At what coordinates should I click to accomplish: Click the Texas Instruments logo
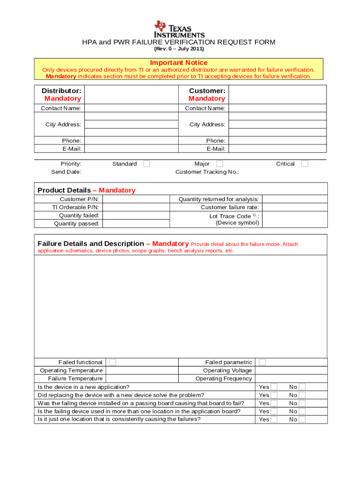[179, 29]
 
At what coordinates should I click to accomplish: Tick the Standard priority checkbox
[146, 164]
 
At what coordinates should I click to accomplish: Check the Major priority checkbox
[219, 164]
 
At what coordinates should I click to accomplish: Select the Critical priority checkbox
[304, 164]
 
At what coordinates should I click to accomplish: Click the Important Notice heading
[179, 63]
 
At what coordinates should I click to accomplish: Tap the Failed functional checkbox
[113, 362]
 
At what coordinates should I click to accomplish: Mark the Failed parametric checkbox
[262, 362]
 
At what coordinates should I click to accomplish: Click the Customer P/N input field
[135, 199]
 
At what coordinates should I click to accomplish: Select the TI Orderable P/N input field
[135, 207]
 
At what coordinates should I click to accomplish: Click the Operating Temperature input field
[142, 370]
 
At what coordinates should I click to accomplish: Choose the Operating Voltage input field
[291, 370]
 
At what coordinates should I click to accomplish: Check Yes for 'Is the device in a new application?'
[274, 387]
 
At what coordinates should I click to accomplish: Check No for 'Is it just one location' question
[302, 420]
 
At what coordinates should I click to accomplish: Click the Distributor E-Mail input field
[131, 149]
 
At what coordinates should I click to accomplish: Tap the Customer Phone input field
[277, 140]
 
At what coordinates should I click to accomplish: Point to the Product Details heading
[86, 190]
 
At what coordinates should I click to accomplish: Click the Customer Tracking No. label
[207, 172]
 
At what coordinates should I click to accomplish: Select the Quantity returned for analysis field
[294, 199]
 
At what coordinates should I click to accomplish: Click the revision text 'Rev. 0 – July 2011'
[179, 49]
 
